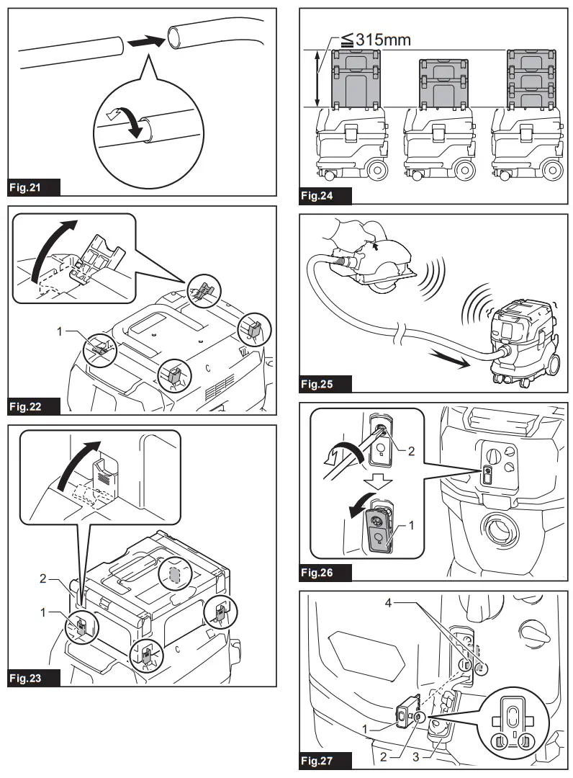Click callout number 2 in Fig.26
coord(411,452)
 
